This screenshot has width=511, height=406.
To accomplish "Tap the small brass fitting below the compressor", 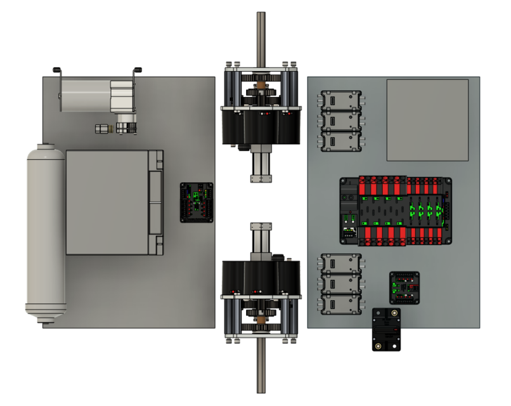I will coord(101,129).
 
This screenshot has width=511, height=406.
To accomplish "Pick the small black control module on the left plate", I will coord(197,202).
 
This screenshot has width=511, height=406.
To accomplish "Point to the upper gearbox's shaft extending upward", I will coord(261,35).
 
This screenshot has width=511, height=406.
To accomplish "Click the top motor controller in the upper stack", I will coord(341,101).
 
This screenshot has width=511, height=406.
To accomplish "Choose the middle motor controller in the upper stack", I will coord(341,121).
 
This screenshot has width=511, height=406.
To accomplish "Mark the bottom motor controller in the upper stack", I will coord(341,141).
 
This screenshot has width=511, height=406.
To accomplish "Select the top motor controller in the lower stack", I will coord(341,264).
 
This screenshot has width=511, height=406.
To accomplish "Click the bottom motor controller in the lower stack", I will coord(341,304).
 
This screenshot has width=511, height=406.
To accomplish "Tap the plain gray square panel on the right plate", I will coord(427,119).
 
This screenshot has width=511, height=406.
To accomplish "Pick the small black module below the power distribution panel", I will coord(404,288).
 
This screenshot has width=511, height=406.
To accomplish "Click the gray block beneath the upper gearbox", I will coord(261,169).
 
